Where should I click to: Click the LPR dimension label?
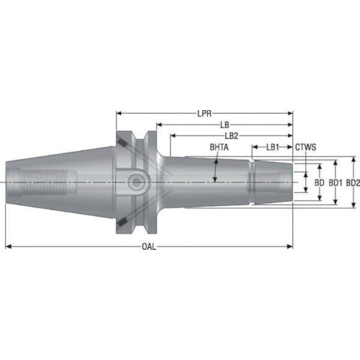point(204,113)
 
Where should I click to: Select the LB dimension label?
point(225,124)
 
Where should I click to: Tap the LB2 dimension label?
point(231,135)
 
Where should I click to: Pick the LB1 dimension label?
point(272,147)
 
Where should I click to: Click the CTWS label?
point(305,147)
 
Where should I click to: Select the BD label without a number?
point(320,184)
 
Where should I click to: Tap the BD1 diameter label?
point(336,184)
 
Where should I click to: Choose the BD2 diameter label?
point(352,184)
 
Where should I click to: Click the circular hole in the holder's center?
point(135,183)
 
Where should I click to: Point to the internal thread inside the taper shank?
point(44,183)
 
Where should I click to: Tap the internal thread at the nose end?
point(273,183)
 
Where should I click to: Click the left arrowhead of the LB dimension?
point(160,124)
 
